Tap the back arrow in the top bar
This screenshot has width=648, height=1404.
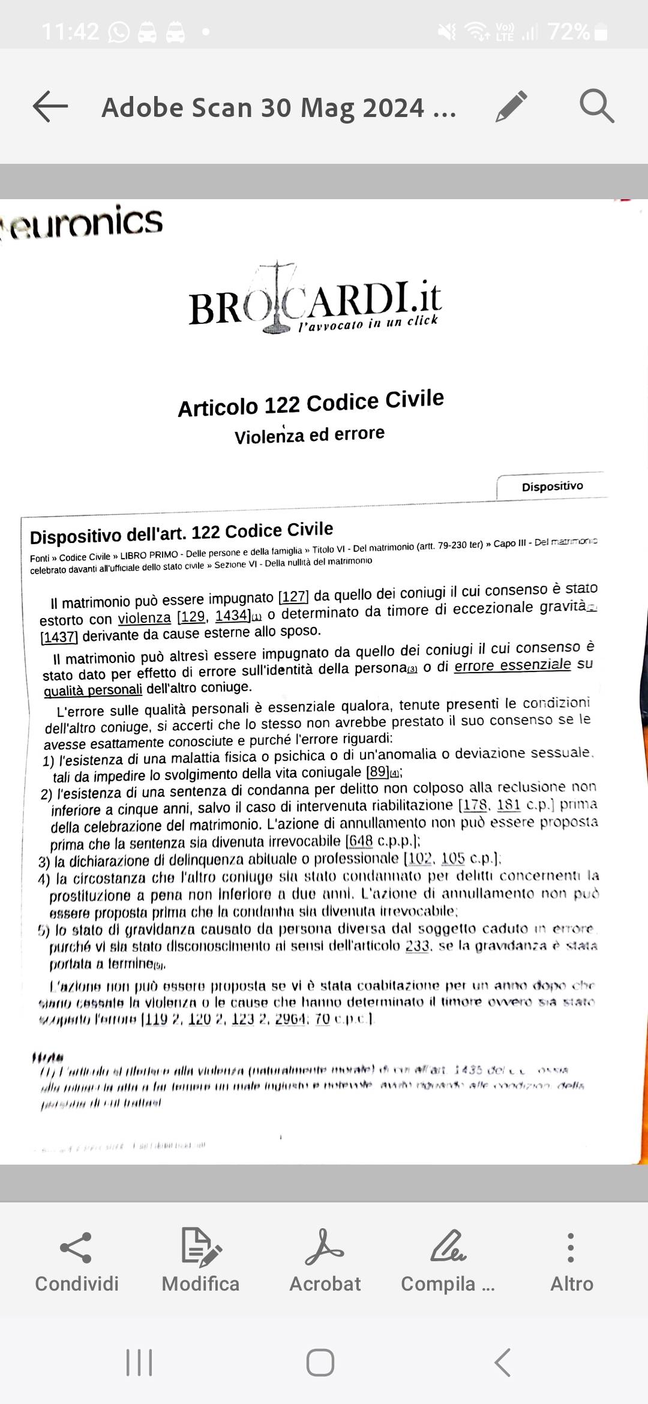[x=50, y=107]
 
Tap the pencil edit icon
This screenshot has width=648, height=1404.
[x=512, y=107]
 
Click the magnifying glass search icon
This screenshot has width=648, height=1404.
[x=596, y=107]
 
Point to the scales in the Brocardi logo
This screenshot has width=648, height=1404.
[x=277, y=297]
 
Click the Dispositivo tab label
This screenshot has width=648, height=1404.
[x=552, y=487]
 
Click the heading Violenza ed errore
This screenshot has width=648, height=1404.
[x=310, y=434]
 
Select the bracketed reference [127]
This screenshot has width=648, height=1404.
[x=294, y=597]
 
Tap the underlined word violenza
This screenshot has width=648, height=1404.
[x=145, y=619]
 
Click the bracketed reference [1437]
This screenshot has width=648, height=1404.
[x=59, y=637]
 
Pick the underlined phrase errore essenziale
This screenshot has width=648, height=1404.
[x=512, y=665]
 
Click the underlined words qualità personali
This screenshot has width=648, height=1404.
[x=93, y=690]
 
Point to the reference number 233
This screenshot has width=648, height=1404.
[x=417, y=946]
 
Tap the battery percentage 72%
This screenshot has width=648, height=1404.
[x=569, y=31]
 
